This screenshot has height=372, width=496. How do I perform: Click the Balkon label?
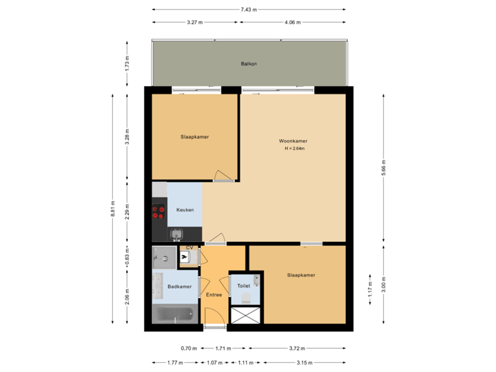[249, 63]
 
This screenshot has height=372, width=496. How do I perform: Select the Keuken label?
[185, 210]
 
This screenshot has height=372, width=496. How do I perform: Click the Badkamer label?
[178, 286]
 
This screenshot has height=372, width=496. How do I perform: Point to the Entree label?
[214, 295]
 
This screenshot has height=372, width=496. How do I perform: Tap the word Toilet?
[243, 285]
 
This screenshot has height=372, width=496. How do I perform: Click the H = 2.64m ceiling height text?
[294, 149]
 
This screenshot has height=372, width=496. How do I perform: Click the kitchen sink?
[176, 234]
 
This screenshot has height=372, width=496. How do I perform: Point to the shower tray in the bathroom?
[163, 259]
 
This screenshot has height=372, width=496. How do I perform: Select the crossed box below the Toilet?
[246, 316]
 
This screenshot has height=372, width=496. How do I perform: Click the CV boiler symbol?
[185, 257]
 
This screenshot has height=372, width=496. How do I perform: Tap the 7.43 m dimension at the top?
[249, 10]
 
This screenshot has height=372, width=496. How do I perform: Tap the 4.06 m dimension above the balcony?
[292, 23]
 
